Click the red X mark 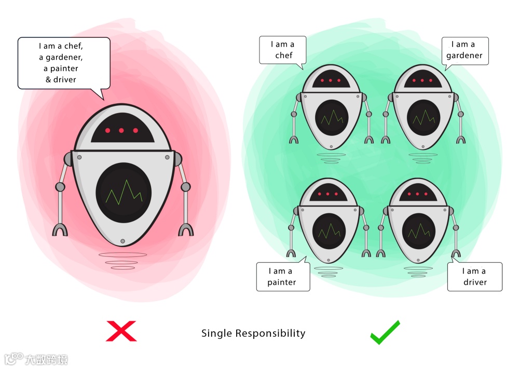[121, 331]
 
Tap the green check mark [385, 332]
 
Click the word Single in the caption [217, 333]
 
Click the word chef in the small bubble [284, 56]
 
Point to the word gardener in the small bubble [465, 56]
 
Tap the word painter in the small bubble [282, 282]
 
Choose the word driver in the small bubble [475, 282]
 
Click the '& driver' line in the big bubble [64, 79]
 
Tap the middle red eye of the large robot [121, 130]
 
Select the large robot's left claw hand [60, 229]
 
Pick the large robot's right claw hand [186, 229]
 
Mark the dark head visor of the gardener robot [422, 80]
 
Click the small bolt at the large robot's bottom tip [122, 241]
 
